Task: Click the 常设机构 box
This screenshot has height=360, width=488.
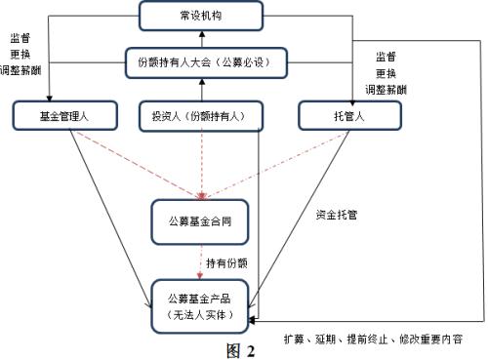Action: pos(201,16)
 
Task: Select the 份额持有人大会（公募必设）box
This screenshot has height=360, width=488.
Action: pos(201,64)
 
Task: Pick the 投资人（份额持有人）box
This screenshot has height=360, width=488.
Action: pos(203,116)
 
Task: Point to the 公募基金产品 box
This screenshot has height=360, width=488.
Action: pos(201,303)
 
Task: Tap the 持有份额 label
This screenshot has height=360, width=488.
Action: pos(225,262)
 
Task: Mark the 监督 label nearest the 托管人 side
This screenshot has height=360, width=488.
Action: pos(387,57)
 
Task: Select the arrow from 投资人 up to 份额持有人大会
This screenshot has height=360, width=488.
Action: pos(201,90)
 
